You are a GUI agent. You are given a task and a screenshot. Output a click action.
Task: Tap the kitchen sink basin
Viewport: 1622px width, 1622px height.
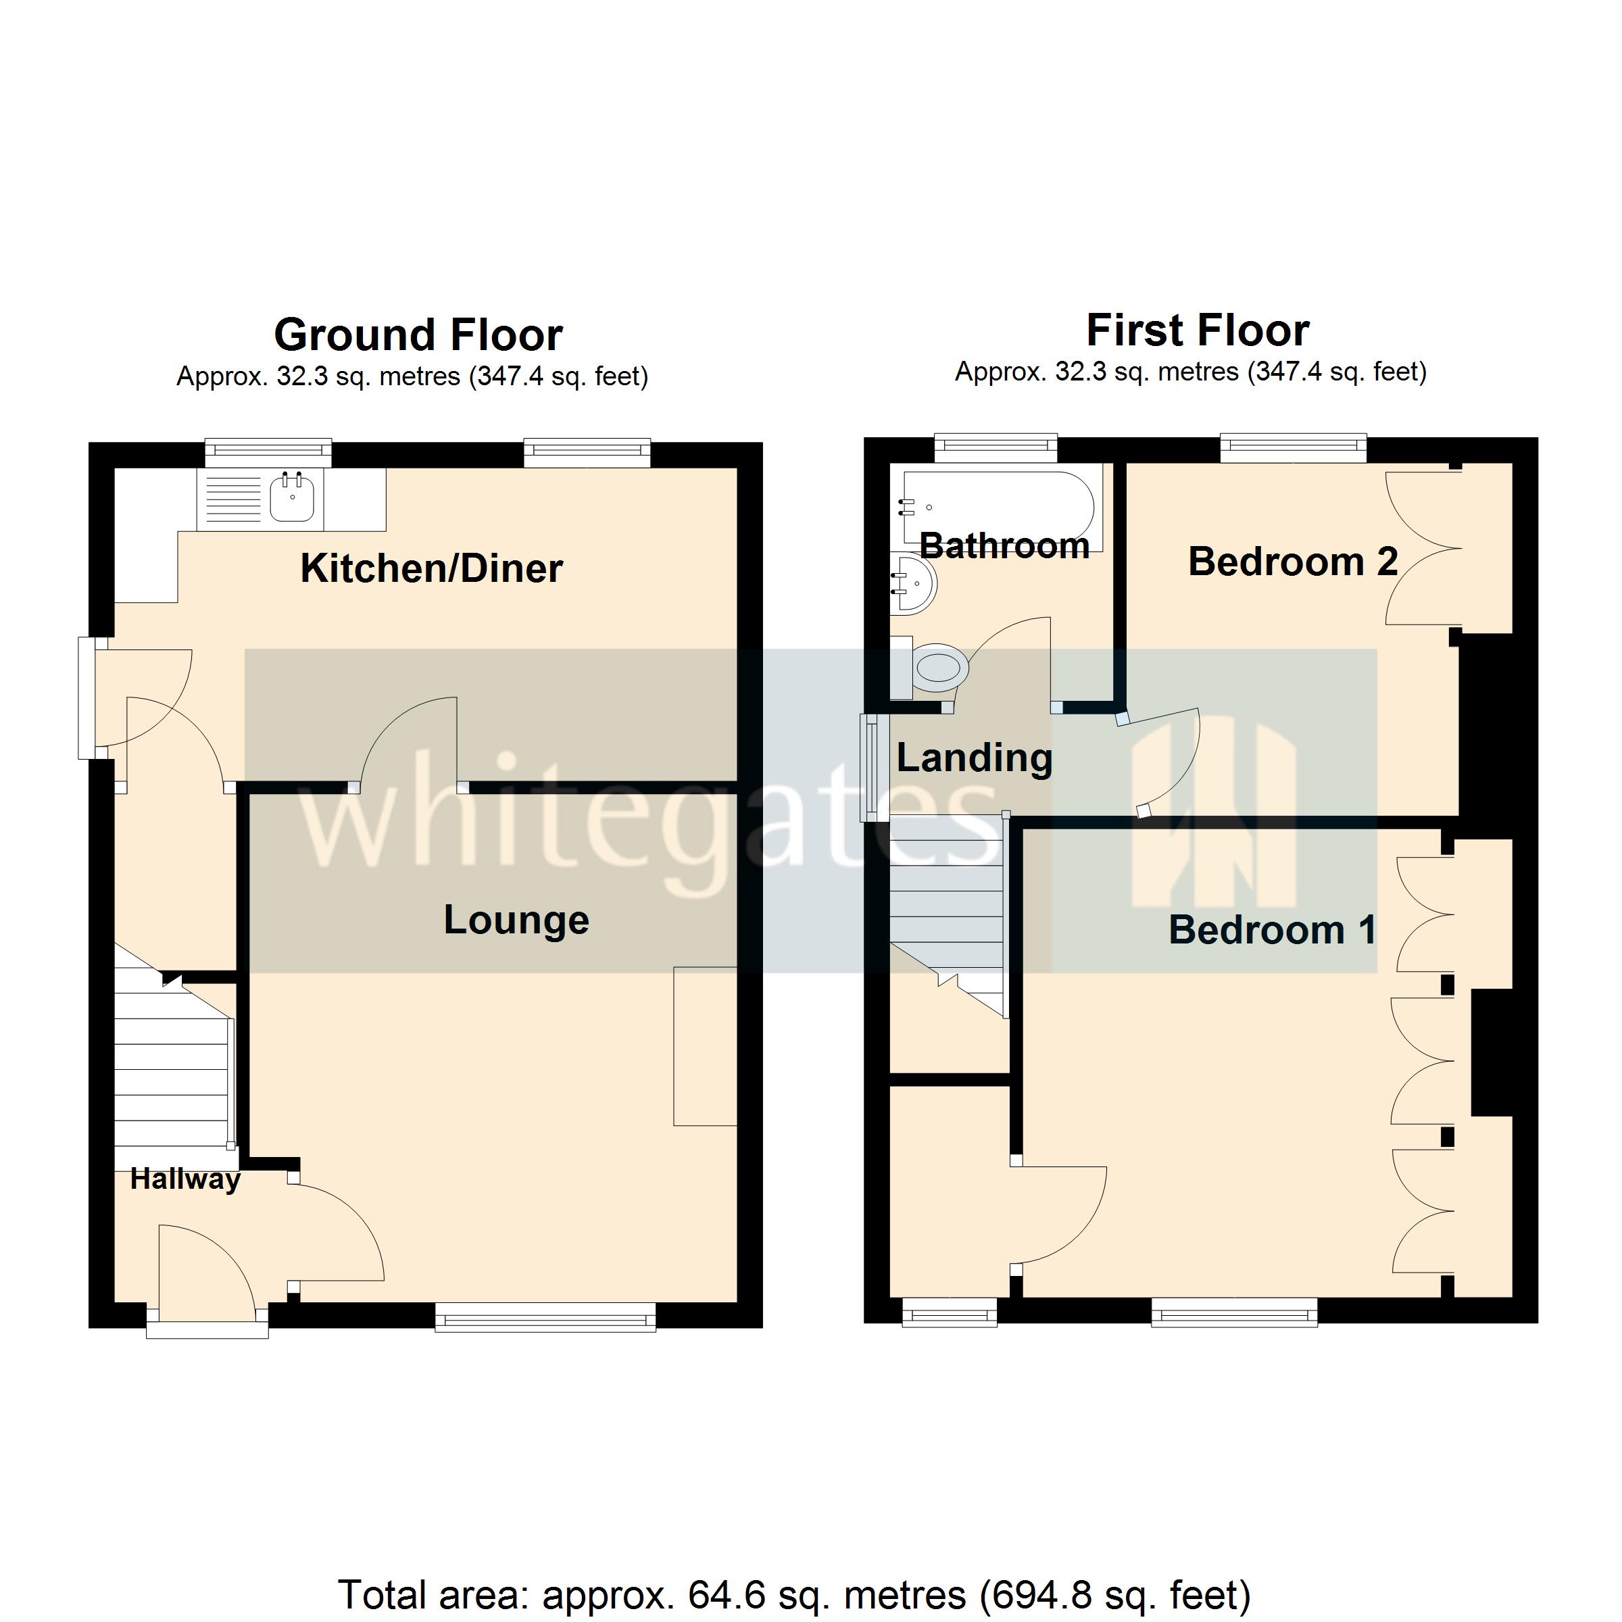coord(292,499)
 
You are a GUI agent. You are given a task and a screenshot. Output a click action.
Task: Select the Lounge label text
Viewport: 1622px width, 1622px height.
coord(516,919)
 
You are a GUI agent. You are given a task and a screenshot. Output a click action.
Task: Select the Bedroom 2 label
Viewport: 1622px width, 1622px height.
coord(1292,561)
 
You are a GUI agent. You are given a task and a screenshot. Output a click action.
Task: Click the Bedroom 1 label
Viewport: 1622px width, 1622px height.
coord(1271,929)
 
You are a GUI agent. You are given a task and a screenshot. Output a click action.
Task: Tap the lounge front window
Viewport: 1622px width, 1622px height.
coord(545,1317)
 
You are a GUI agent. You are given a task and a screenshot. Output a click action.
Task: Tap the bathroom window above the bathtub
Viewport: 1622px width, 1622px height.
coord(995,447)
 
